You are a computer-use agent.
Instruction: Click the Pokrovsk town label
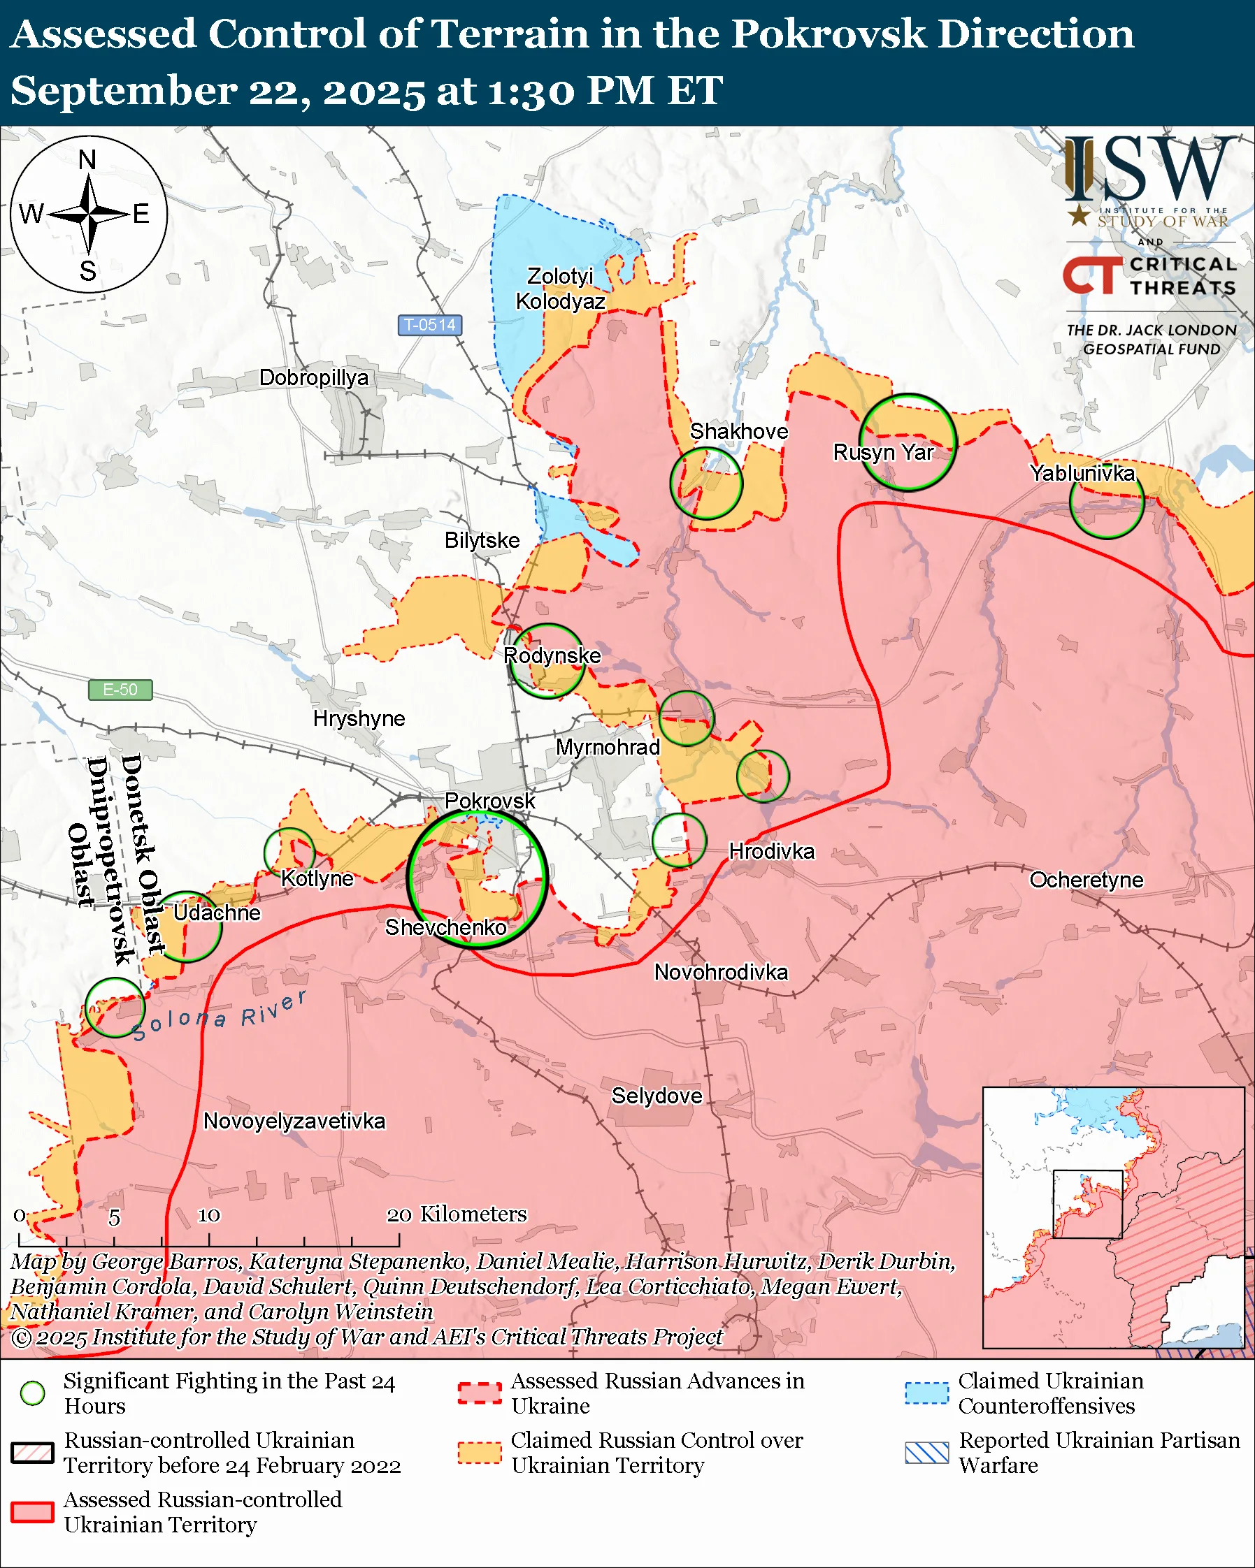(489, 801)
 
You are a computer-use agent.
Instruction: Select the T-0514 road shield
(430, 325)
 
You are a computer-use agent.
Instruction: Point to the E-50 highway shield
(120, 690)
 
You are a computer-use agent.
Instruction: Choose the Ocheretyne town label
(1087, 880)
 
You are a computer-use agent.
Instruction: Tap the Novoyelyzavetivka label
(294, 1121)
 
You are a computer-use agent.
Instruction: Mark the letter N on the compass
(87, 159)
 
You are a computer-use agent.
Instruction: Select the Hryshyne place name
(359, 718)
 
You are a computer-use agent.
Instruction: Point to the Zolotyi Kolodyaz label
(560, 289)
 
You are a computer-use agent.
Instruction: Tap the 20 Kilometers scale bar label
(456, 1214)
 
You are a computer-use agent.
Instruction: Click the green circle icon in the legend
(33, 1393)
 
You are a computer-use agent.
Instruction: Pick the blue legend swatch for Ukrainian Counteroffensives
(927, 1393)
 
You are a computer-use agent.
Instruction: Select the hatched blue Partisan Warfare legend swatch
(927, 1453)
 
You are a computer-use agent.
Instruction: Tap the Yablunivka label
(1082, 473)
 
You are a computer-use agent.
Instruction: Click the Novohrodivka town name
(720, 973)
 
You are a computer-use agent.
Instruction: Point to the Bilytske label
(482, 540)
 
